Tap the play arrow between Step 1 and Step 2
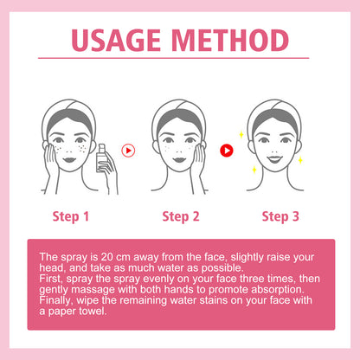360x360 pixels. coord(127,149)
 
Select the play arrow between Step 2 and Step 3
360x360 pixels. coord(228,149)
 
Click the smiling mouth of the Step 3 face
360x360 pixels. coord(281,160)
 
